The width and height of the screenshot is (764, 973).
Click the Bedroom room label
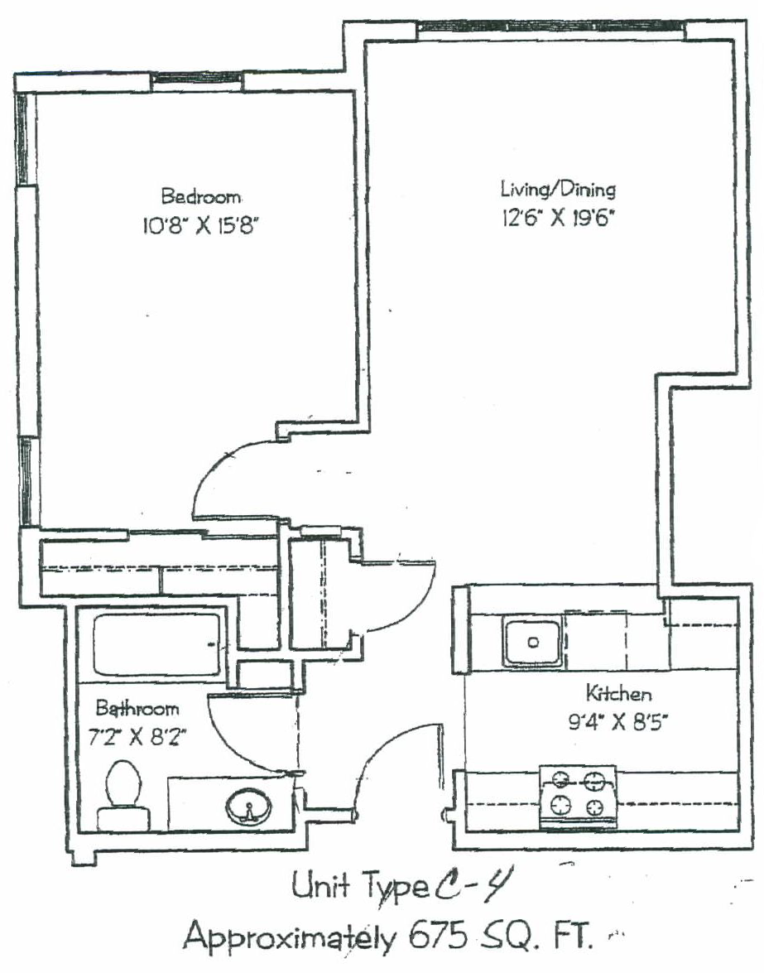[201, 197]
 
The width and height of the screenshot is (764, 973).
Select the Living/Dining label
[558, 190]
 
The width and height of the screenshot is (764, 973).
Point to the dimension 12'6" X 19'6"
[558, 219]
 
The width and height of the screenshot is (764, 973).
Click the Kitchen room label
[618, 692]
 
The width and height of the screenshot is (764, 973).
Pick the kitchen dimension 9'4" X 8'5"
[618, 722]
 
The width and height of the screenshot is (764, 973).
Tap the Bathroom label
[137, 708]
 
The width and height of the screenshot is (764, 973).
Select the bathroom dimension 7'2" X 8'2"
[137, 737]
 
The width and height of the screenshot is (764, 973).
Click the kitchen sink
[532, 642]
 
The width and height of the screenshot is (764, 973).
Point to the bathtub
[156, 644]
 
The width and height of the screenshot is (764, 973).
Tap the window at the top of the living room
[551, 26]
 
